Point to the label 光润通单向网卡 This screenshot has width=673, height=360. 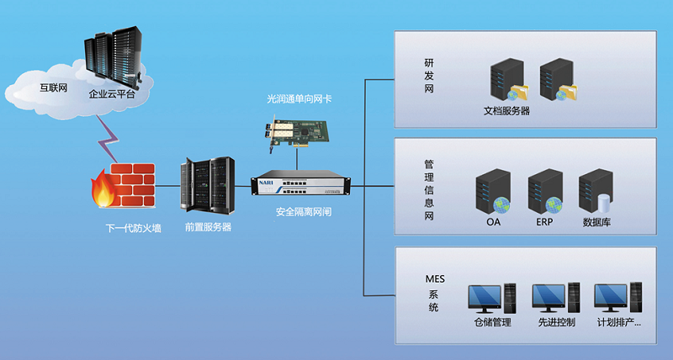tap(299, 98)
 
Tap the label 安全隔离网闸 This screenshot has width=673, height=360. tap(304, 212)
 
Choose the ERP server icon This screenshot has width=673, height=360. tap(543, 193)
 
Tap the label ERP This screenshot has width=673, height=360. tap(544, 223)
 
